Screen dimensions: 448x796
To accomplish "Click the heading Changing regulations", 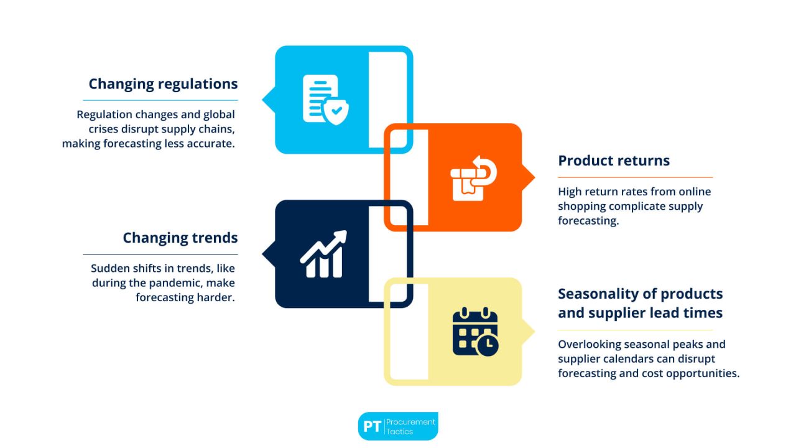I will click(163, 84).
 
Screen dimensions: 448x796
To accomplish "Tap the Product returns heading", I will click(613, 161).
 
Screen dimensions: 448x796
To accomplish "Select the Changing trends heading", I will click(180, 238).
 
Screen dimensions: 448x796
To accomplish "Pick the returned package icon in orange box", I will click(473, 178).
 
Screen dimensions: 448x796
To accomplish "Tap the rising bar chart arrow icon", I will click(323, 254).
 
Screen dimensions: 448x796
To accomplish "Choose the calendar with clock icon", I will click(475, 332).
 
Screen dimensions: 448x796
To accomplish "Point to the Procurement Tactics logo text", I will click(411, 427).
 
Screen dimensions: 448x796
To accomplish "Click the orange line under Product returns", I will click(635, 178).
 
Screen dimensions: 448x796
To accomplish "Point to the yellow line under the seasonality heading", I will click(635, 330).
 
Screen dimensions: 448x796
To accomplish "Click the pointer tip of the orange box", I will click(534, 177).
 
